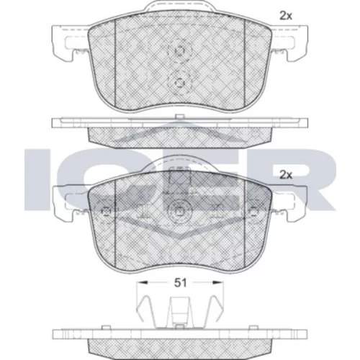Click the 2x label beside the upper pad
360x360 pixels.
pyautogui.click(x=286, y=16)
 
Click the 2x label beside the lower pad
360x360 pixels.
pyautogui.click(x=286, y=175)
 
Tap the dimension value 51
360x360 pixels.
pyautogui.click(x=180, y=283)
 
